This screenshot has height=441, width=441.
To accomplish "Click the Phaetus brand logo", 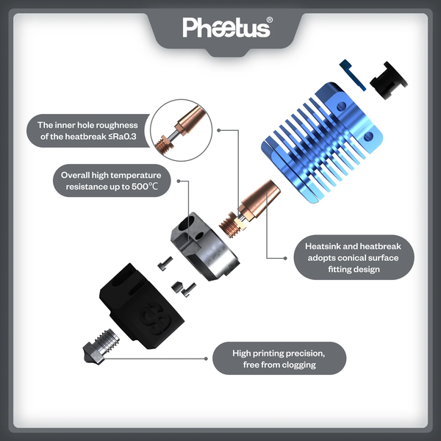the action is click(226, 28).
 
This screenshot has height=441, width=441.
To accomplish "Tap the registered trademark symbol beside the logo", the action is click(269, 20).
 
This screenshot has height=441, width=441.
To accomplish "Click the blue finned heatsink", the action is click(323, 143).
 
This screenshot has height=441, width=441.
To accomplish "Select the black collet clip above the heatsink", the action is click(388, 80).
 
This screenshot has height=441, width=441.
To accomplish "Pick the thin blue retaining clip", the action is click(352, 76).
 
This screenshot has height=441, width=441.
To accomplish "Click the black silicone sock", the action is click(142, 306).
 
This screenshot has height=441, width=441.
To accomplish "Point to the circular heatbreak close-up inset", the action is click(181, 130).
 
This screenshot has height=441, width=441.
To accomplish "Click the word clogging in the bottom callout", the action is click(299, 365).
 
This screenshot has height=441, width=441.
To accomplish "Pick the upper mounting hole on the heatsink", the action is click(342, 106).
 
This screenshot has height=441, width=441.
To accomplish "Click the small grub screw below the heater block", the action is click(177, 287).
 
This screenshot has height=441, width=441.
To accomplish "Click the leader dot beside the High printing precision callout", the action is click(206, 359).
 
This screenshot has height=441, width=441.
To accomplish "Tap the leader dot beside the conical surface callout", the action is click(285, 258).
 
